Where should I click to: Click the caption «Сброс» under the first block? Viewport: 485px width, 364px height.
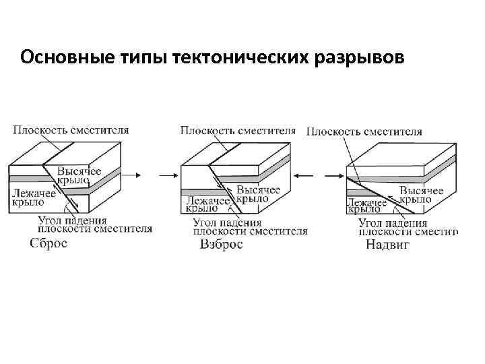click(48, 243)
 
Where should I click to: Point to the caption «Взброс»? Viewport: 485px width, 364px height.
click(221, 244)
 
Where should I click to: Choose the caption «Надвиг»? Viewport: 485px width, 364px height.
click(387, 245)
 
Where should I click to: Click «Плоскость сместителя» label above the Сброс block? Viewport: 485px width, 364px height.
click(71, 129)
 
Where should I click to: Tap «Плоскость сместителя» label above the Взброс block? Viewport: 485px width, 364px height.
click(238, 129)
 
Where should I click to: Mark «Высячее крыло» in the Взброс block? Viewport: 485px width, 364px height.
click(258, 195)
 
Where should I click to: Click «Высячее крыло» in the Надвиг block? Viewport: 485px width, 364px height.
click(421, 194)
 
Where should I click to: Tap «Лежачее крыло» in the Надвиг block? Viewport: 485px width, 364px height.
click(366, 205)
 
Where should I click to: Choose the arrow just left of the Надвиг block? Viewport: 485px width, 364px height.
click(332, 176)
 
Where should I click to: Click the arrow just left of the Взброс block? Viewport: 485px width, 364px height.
click(167, 176)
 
